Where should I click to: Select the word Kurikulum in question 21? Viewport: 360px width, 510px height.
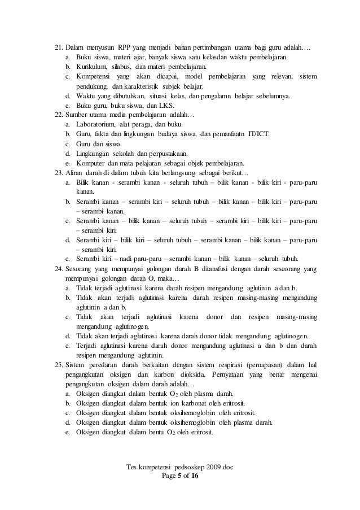pos(90,67)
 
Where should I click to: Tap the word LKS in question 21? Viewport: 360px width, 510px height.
pos(167,105)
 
